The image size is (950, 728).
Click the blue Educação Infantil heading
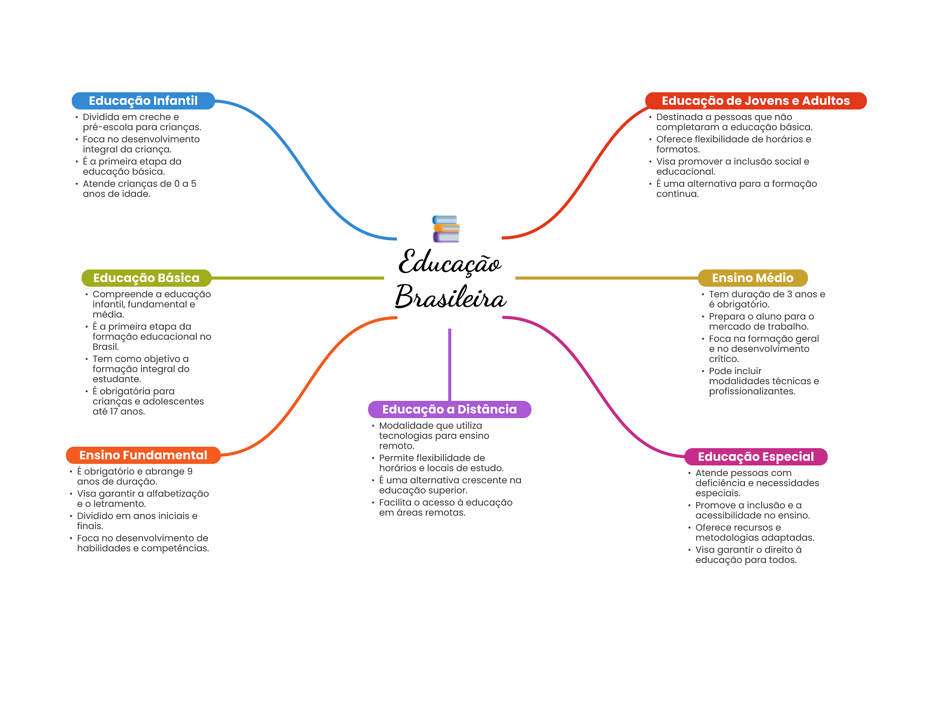(x=143, y=101)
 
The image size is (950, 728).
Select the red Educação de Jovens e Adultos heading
(x=755, y=101)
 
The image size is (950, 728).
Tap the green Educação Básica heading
(x=146, y=278)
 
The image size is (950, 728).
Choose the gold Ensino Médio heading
(x=752, y=278)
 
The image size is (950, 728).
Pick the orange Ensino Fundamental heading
(x=143, y=455)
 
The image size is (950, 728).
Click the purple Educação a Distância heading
(x=449, y=409)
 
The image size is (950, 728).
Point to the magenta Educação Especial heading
(x=756, y=457)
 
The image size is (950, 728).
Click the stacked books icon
(x=446, y=229)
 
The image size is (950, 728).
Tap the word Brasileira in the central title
(x=450, y=297)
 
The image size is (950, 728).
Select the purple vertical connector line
(x=449, y=364)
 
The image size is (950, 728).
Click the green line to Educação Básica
(x=297, y=278)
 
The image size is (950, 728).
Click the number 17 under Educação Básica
(x=114, y=412)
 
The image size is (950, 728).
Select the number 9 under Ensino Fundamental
(x=190, y=471)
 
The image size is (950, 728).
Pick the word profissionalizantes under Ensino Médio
(x=751, y=391)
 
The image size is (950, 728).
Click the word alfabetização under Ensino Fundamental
(x=178, y=494)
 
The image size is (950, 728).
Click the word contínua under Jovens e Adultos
(x=677, y=194)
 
